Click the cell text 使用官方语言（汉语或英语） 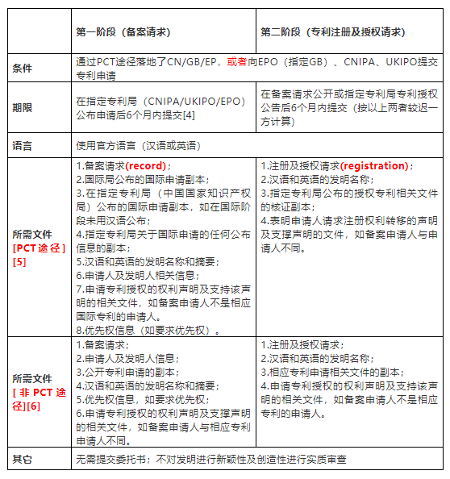tap(137, 146)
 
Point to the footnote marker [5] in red tap(19, 262)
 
